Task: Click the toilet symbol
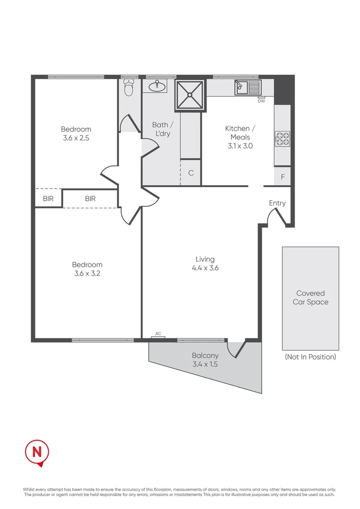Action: coord(128,88)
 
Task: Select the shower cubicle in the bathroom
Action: coord(190,95)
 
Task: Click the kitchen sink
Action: coord(247,87)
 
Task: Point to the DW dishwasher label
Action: coord(261,101)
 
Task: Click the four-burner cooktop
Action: coord(282,139)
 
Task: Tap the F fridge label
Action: coord(283,177)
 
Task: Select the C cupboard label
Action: coord(191,173)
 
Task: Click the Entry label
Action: coord(277,203)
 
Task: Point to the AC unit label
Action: coord(158,334)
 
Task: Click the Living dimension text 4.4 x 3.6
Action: coord(205,268)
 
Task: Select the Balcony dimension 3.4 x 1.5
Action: coord(205,364)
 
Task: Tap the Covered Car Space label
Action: coord(311,297)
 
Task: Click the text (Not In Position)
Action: coord(311,357)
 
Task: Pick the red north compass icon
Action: coord(37,453)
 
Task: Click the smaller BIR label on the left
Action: coord(48,199)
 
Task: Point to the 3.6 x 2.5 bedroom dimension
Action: coord(76,139)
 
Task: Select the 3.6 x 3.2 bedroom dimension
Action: coord(87,273)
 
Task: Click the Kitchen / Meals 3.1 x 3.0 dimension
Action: coord(240,146)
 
